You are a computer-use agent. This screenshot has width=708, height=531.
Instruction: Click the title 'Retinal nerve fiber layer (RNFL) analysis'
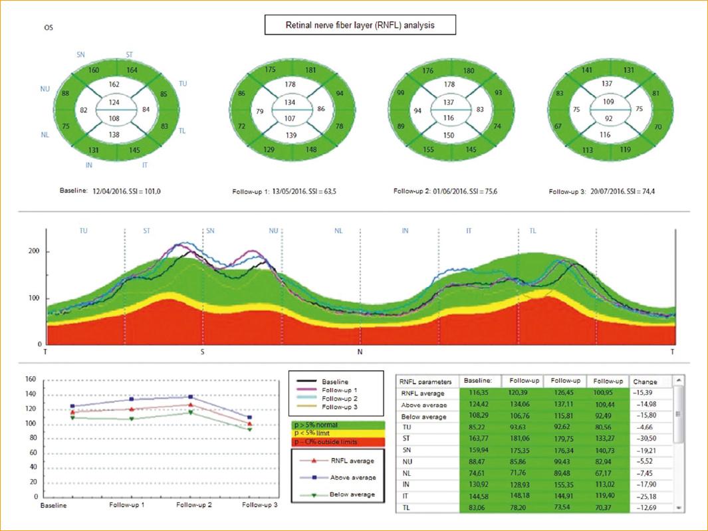360,25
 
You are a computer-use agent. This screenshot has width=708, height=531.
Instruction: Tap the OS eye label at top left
49,28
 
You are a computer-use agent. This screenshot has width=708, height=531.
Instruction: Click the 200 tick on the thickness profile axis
33,252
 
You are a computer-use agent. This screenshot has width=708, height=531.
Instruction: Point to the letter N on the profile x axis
360,351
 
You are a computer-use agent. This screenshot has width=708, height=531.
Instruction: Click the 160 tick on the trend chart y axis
30,379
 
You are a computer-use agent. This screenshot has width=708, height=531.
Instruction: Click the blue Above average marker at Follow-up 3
249,417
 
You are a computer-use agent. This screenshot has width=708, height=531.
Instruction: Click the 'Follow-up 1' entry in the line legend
344,390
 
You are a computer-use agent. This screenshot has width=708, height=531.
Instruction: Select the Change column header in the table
645,381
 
